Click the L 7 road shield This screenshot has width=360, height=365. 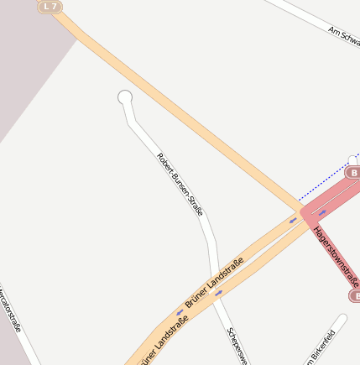pos(50,7)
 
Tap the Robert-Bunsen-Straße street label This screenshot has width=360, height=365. pos(180,185)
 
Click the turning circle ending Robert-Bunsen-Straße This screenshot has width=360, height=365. pos(125,97)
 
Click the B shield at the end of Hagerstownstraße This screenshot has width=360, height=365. pos(354,295)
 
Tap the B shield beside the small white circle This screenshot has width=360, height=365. pos(352,172)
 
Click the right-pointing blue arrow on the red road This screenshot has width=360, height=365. pos(322,212)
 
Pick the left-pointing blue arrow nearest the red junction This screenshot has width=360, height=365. pos(293,221)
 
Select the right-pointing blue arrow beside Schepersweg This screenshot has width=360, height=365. pos(219,293)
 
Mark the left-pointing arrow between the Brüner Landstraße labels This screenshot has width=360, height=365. pos(180,312)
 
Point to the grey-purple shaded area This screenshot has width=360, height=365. pos(25,67)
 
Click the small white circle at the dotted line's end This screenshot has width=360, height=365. pos(352,159)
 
